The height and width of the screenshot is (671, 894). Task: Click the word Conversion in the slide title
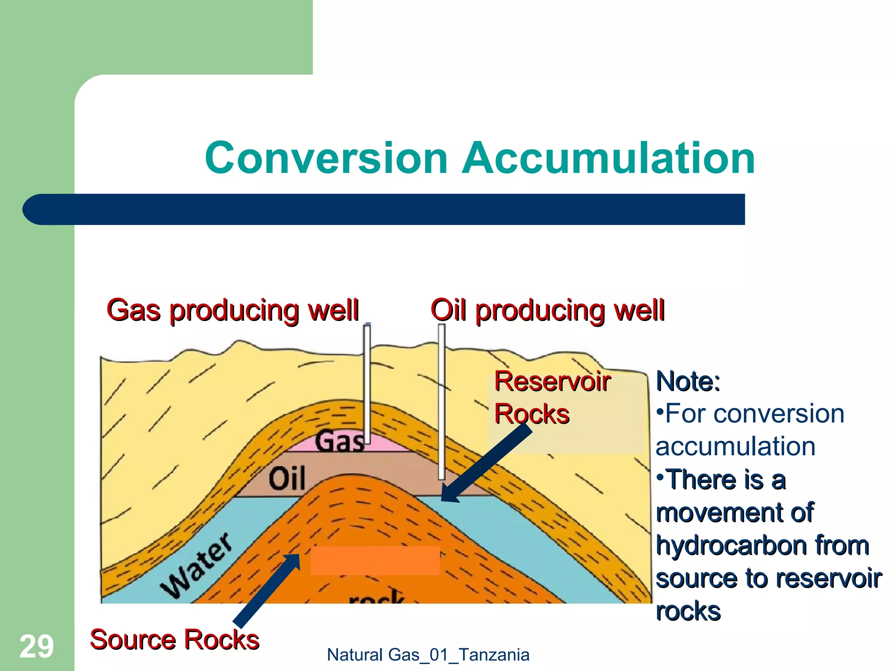tap(326, 158)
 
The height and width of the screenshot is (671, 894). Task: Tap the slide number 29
tap(37, 647)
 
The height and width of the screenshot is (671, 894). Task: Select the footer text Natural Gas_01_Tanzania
tap(428, 655)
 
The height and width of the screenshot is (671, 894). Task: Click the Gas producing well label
tap(233, 310)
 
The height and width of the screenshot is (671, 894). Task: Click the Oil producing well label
tap(547, 310)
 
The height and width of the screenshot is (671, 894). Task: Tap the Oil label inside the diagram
tap(286, 479)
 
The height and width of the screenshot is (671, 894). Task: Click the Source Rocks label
tap(175, 640)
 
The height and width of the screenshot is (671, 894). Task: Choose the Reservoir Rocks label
tap(552, 398)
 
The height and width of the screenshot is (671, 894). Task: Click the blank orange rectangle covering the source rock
tap(375, 560)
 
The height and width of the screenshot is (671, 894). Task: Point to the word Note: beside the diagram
tap(688, 381)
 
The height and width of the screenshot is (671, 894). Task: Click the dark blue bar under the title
tap(384, 209)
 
